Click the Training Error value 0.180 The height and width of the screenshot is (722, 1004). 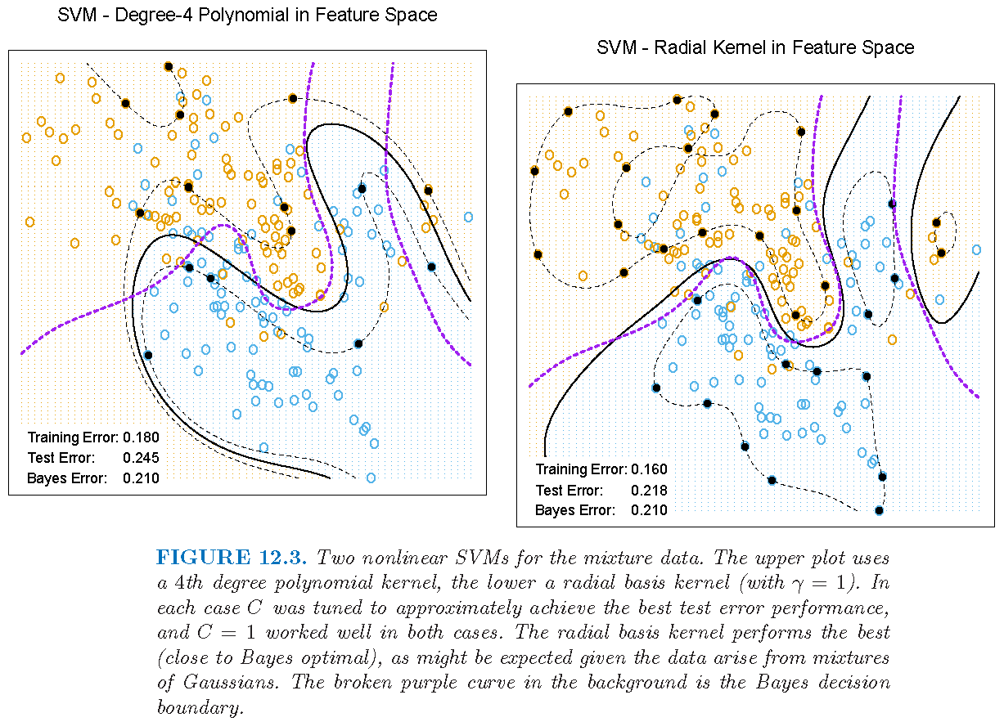click(x=141, y=437)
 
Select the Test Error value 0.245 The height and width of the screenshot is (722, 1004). click(x=141, y=458)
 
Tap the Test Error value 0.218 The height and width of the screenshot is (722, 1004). click(x=649, y=491)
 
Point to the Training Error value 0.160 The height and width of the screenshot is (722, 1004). click(x=649, y=469)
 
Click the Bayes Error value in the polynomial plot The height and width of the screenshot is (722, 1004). click(x=141, y=478)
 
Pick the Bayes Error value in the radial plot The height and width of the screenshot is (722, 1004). click(x=649, y=511)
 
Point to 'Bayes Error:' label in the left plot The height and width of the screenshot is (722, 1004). click(x=67, y=478)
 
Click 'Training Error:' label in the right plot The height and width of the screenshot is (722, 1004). click(x=581, y=469)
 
